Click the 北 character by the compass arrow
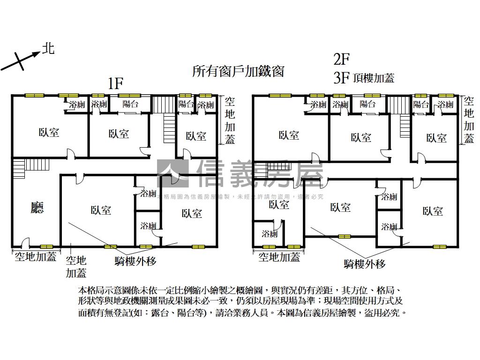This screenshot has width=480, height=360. tap(48, 48)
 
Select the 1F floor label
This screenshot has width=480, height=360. tap(115, 84)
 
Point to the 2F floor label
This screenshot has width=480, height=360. tap(342, 59)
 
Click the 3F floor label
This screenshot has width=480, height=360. tap(342, 78)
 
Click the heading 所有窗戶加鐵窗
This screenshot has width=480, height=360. tap(238, 71)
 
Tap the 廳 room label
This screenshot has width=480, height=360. tap(37, 208)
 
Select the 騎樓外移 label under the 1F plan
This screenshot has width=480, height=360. tap(135, 261)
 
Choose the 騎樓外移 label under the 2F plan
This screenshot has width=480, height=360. tap(365, 264)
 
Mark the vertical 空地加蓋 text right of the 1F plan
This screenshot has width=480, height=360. tap(230, 120)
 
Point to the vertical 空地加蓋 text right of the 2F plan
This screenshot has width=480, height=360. tap(468, 120)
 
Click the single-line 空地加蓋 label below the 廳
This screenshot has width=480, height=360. tap(35, 256)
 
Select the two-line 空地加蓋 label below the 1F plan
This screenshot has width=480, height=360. tap(76, 266)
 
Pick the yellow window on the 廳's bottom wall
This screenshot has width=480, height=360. tap(46, 247)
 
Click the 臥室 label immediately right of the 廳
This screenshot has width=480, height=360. tap(101, 210)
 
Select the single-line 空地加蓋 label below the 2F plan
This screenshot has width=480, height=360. tap(279, 257)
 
